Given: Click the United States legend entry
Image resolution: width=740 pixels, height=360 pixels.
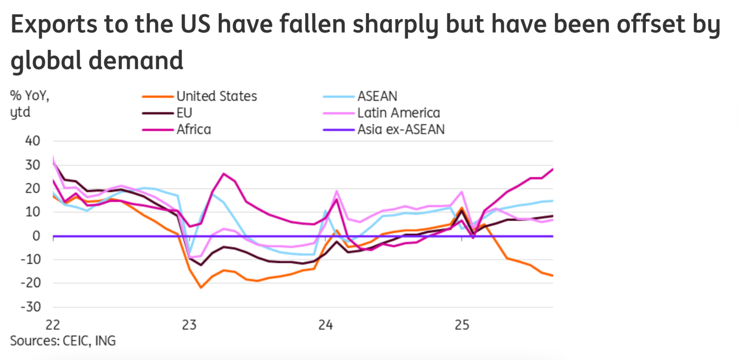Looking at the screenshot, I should click(216, 96).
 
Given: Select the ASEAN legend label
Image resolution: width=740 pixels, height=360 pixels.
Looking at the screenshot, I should click(377, 96).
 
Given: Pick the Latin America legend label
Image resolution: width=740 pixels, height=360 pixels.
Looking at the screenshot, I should click(399, 113).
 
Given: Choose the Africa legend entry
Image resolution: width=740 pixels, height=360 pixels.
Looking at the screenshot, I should click(193, 129).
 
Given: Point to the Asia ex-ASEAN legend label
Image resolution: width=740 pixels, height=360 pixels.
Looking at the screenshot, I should click(401, 129).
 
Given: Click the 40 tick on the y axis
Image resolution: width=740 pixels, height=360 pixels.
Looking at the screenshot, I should click(31, 141).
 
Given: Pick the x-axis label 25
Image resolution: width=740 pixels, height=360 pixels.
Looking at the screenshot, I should click(462, 325).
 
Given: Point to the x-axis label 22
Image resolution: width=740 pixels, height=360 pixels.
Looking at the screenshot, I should click(53, 325).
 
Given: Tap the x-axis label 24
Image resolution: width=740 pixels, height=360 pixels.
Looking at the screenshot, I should click(326, 325).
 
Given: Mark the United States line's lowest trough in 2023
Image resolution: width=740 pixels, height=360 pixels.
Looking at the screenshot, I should click(201, 287).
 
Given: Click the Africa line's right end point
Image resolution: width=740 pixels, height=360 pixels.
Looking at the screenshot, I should click(553, 169).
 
